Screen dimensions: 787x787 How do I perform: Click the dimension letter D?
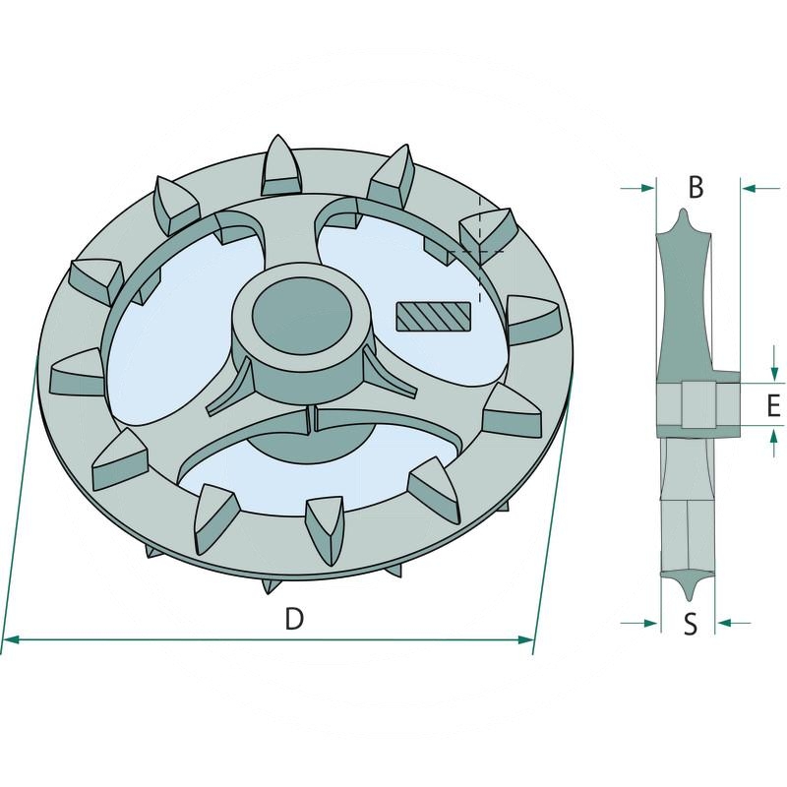point(294,619)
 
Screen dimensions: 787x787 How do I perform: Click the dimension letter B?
point(696,187)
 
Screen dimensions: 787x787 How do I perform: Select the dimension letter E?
point(773,405)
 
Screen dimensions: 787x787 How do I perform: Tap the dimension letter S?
point(691,625)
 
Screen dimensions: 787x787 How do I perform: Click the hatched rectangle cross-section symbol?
point(434,317)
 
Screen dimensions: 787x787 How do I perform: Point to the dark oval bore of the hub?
point(301,316)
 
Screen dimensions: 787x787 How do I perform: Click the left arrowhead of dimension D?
point(11,639)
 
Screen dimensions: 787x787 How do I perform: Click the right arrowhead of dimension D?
point(526,639)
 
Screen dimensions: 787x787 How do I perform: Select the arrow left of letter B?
point(637,188)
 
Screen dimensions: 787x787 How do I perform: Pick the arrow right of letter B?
point(761,188)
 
